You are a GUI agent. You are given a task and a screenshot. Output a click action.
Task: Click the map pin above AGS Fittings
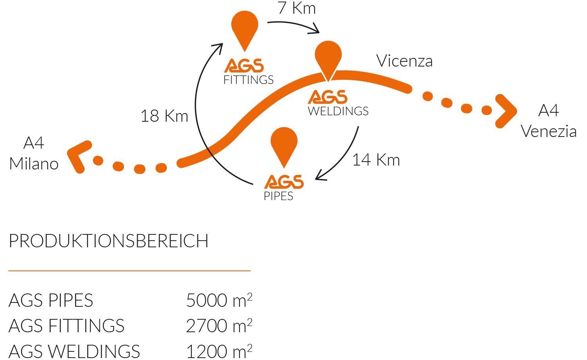coord(245,27)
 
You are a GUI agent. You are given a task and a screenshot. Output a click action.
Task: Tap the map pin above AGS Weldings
coord(328,58)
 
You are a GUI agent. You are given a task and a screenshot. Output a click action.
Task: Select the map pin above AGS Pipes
coord(284,144)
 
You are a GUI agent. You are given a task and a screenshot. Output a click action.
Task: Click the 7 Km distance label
coord(296,8)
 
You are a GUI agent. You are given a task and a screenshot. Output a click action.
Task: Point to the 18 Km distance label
coord(164,116)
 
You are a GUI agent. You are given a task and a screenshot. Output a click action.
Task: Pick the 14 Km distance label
coord(376,160)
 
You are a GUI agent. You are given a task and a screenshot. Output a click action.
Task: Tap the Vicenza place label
coord(404,61)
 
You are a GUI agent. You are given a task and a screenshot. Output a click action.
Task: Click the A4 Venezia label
coord(549,121)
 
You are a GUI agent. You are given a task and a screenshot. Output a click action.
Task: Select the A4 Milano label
coord(34,153)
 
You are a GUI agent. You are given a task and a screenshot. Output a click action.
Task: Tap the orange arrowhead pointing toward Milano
coord(79,157)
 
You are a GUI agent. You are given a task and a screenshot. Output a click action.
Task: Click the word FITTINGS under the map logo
coord(248,80)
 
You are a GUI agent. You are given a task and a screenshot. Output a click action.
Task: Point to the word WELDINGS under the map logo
coord(338,111)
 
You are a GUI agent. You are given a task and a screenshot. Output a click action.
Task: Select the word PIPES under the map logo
coord(278,196)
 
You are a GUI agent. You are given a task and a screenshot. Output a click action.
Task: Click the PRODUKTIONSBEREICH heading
coord(108,241)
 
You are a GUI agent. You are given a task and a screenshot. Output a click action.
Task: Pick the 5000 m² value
coord(219,300)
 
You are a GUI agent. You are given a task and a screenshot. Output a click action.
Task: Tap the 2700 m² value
coord(219,326)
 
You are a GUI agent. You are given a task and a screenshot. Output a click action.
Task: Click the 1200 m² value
coord(219,351)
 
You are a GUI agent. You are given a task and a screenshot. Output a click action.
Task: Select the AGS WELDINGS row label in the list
coord(74,351)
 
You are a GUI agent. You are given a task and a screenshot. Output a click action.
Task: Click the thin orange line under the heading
coord(130,271)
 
